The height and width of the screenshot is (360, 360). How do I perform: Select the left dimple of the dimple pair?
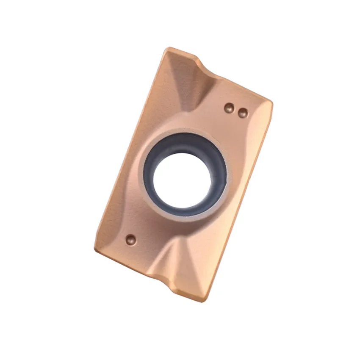coord(229,108)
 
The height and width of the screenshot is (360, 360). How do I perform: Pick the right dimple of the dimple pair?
coord(243,113)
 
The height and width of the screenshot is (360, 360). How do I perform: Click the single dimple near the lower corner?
coord(131,240)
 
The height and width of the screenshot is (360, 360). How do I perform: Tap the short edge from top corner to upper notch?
coord(182,53)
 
